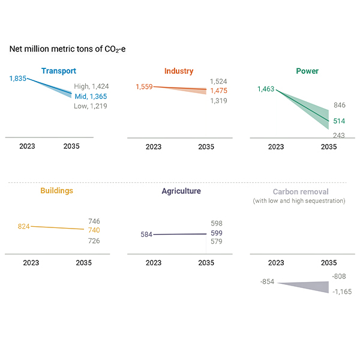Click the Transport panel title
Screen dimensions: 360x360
[59, 71]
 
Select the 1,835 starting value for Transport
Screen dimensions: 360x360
[17, 79]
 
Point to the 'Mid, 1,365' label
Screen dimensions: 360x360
[91, 96]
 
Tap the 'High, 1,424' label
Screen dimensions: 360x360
[91, 86]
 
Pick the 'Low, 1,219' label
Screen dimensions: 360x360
[91, 106]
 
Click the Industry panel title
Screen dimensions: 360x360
[178, 71]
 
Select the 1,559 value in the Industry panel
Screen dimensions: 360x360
[144, 86]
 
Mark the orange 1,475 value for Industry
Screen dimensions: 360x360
[218, 91]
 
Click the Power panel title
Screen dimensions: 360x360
[307, 71]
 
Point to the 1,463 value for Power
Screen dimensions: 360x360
[266, 89]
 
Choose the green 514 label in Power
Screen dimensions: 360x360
[339, 121]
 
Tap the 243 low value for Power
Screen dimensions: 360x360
[339, 136]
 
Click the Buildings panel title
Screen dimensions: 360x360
[57, 191]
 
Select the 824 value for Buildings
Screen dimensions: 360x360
[24, 226]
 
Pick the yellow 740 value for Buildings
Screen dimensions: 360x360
[94, 230]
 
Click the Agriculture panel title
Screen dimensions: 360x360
[181, 191]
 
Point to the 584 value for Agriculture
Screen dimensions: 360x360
[146, 234]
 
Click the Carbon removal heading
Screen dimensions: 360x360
[301, 192]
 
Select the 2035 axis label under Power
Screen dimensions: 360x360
[329, 146]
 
